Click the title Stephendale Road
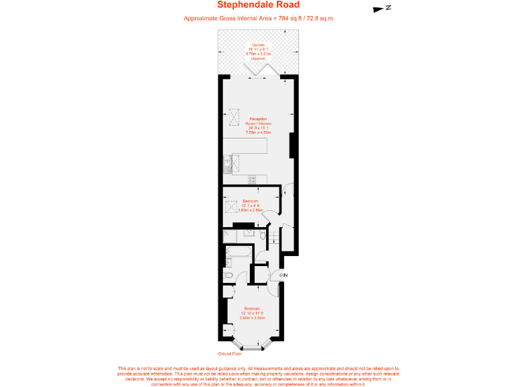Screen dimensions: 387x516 (x=258, y=6)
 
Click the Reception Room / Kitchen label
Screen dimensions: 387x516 (x=258, y=126)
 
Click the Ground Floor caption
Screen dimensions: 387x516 (x=229, y=353)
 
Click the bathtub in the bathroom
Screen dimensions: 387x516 (x=239, y=253)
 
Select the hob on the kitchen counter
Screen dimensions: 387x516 (x=252, y=179)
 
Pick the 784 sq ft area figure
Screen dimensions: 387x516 (x=289, y=18)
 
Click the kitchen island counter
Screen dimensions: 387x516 (x=246, y=146)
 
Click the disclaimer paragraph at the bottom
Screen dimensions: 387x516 (x=258, y=376)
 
